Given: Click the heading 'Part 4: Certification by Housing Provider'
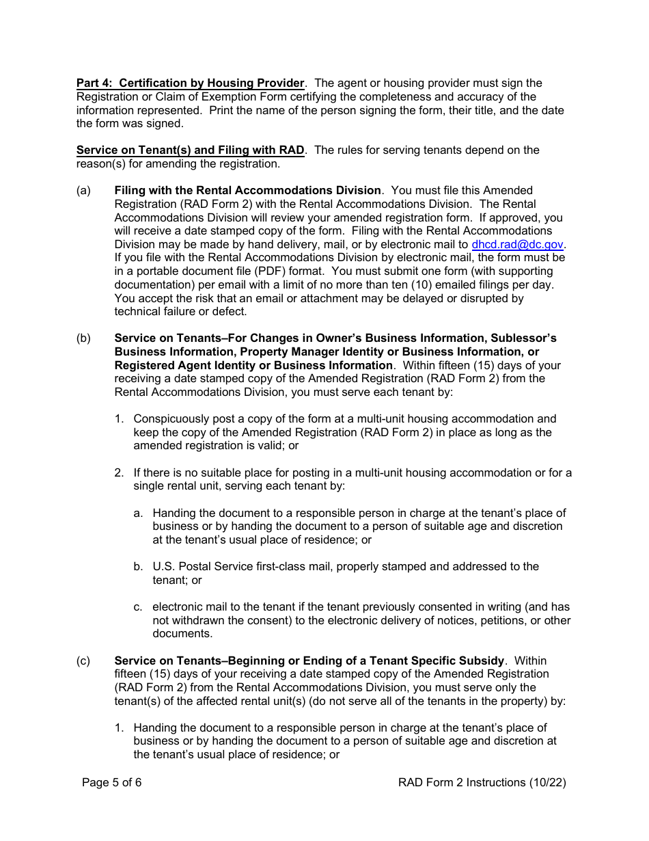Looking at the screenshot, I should pos(190,83).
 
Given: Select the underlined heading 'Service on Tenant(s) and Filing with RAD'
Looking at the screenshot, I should pos(190,150).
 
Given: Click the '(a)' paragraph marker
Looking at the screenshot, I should pos(83,191).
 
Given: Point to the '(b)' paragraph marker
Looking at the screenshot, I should pos(83,338).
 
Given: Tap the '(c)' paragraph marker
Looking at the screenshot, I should pos(83,661).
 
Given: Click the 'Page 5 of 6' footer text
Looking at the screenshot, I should pos(112,783).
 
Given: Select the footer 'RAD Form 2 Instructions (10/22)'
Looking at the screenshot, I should pos(482,783).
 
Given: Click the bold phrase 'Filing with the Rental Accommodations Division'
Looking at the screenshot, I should pos(247,191).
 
